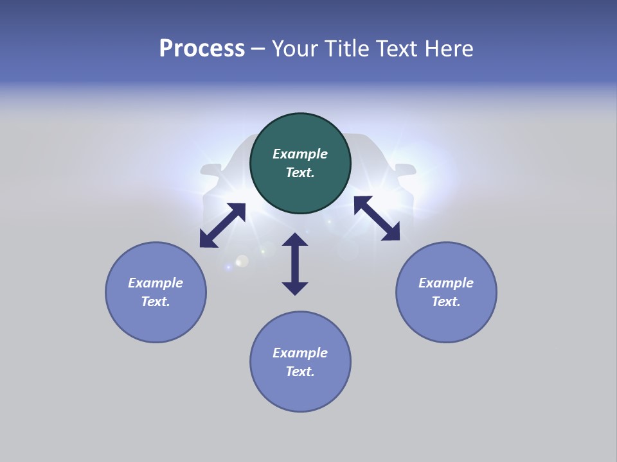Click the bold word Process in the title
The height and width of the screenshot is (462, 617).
(202, 49)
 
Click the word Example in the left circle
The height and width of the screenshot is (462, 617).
(156, 283)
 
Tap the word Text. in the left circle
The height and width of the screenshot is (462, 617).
(156, 302)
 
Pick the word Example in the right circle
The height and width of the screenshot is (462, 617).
(446, 283)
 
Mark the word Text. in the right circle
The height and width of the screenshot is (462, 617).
(446, 302)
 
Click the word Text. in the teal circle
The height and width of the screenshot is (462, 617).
(300, 173)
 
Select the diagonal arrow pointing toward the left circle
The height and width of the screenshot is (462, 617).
(222, 225)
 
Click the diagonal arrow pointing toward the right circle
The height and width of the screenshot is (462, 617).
(377, 218)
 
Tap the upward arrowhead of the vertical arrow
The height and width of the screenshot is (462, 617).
(295, 240)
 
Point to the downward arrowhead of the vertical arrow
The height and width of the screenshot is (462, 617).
(295, 288)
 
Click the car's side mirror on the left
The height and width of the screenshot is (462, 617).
(210, 170)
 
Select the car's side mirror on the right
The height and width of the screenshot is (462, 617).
(406, 170)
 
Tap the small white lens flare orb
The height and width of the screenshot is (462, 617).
(242, 261)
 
